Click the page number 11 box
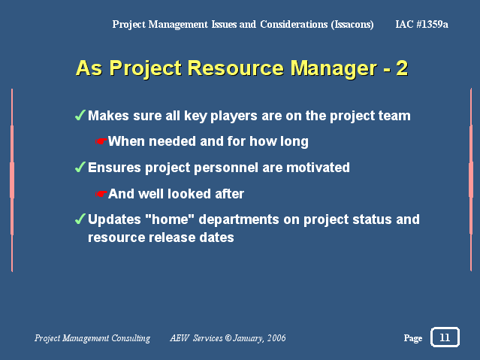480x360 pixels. point(445,337)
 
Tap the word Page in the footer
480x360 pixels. point(413,338)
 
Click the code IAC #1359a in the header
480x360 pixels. point(421,24)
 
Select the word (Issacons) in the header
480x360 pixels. point(352,24)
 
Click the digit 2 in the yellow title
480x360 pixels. point(402,68)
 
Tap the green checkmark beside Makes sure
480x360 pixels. point(80,115)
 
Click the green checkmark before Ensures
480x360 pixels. point(80,167)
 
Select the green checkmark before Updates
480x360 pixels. point(80,219)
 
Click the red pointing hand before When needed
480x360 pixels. point(101,141)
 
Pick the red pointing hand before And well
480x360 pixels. point(101,194)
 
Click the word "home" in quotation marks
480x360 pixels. point(170,219)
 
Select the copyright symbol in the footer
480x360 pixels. point(228,338)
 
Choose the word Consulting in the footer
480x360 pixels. point(131,338)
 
